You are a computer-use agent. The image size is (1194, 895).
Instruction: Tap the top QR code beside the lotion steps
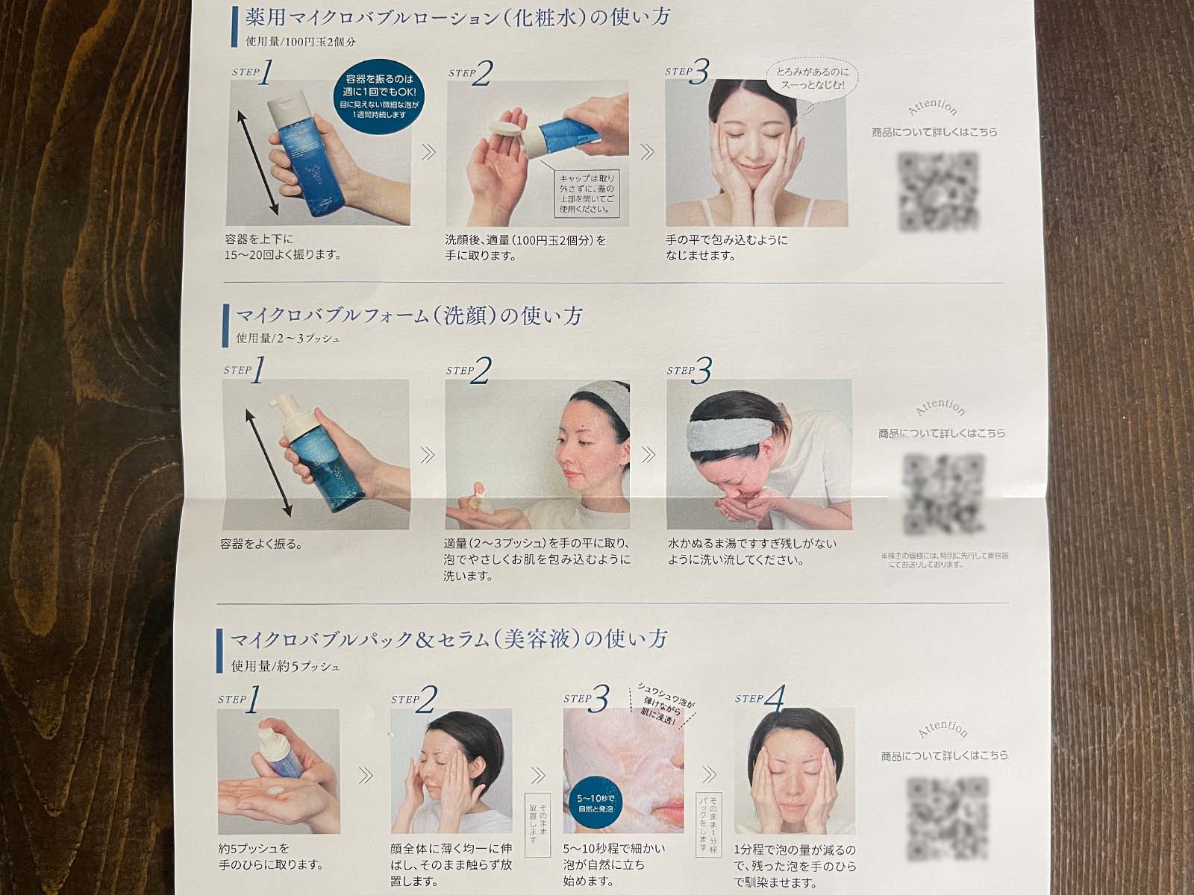(937, 192)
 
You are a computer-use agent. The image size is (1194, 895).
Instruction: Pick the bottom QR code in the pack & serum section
(946, 817)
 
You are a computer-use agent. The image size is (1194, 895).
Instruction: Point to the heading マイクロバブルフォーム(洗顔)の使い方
(409, 316)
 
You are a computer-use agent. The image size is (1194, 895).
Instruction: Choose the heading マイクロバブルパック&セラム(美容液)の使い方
(448, 640)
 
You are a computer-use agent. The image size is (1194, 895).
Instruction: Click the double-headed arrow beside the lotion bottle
(259, 160)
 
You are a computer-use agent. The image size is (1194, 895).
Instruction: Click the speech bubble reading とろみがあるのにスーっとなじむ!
(810, 78)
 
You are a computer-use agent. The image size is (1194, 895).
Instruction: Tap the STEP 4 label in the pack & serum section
(761, 699)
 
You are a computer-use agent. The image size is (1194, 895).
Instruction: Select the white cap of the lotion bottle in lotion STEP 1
(286, 106)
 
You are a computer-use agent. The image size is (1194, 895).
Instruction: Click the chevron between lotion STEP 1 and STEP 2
(428, 152)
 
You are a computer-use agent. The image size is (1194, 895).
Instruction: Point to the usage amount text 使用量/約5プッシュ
(285, 666)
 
